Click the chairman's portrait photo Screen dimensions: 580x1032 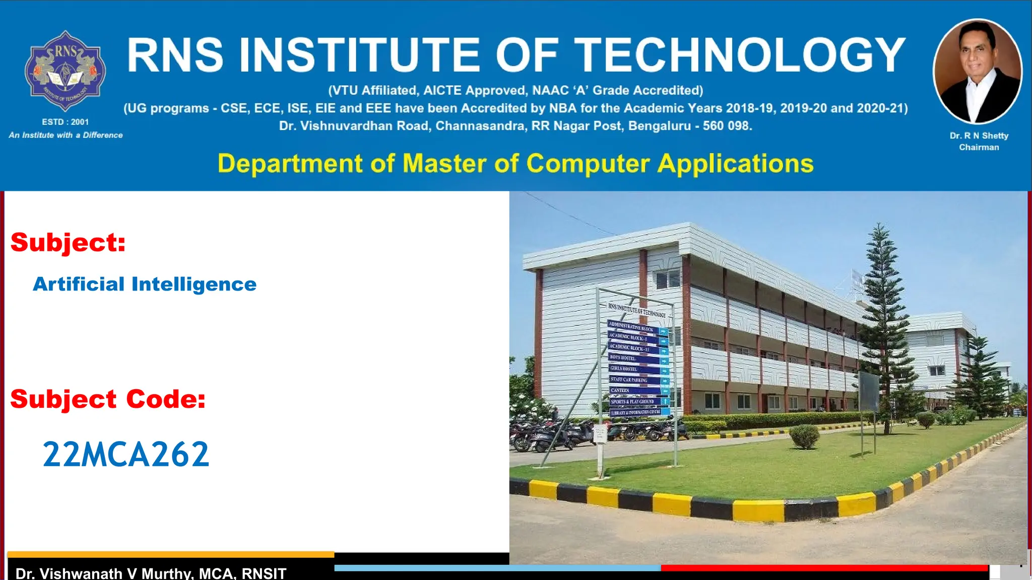978,71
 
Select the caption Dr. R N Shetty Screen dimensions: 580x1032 979,135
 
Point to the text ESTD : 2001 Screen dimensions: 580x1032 65,122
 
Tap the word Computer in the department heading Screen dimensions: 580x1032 588,164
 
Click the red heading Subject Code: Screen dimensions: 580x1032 108,399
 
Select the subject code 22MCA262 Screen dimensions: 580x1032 125,455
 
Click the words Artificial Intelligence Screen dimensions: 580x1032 145,284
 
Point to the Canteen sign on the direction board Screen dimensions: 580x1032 621,390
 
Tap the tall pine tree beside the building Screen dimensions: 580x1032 880,322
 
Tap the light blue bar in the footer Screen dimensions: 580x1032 497,568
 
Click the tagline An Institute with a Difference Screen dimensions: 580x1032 66,135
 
